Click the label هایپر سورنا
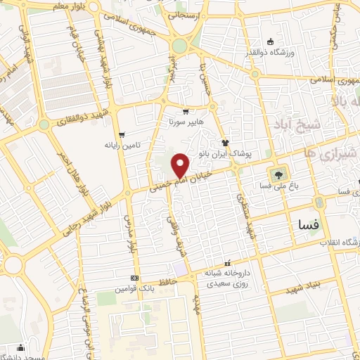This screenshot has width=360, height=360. pos(184,122)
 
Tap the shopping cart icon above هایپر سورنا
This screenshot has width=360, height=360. pos(184,111)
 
